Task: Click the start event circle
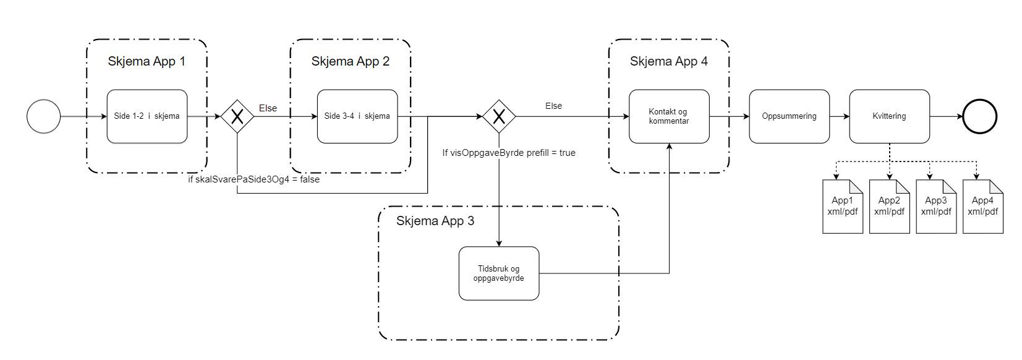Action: point(44,116)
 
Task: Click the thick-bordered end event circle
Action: point(980,116)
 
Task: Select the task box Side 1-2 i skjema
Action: point(147,116)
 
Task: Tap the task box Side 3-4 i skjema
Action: point(357,116)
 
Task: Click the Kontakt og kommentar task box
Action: point(669,116)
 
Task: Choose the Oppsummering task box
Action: point(789,116)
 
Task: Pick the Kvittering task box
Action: point(889,116)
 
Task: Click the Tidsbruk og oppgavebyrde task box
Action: point(499,273)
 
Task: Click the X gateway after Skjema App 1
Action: point(237,116)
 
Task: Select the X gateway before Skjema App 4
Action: point(499,116)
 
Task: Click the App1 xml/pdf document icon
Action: point(842,207)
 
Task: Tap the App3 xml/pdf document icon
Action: point(936,207)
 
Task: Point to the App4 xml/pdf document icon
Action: point(982,207)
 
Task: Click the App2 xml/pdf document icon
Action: point(889,207)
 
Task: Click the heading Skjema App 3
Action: point(435,221)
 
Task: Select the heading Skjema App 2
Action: point(351,61)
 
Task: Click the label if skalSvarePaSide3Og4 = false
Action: point(253,179)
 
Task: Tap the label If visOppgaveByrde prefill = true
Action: point(509,153)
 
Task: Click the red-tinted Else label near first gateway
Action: point(268,108)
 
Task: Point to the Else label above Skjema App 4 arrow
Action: point(553,106)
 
